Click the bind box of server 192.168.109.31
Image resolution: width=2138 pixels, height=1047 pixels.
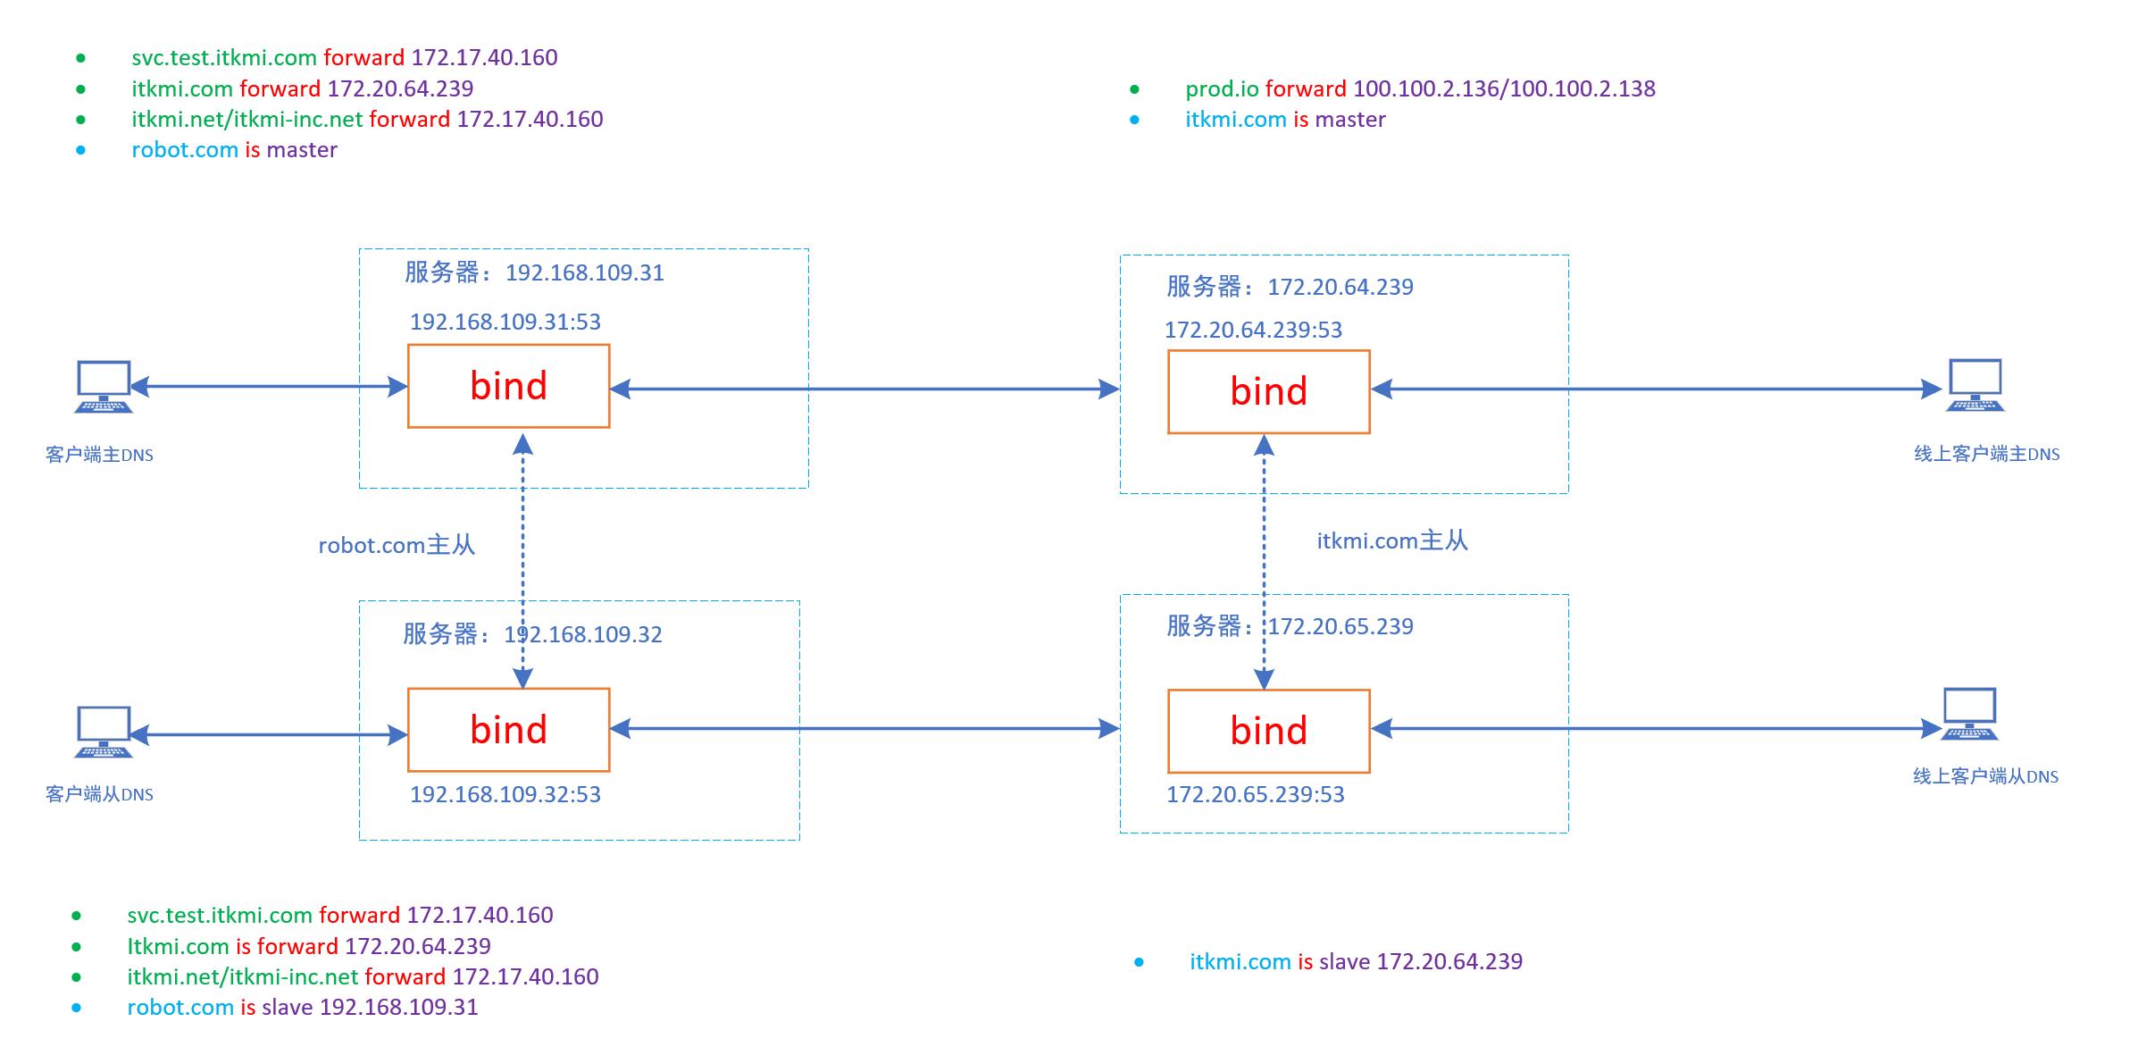(508, 386)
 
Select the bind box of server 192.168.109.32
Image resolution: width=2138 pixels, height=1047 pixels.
(508, 729)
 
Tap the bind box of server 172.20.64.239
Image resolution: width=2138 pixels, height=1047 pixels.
(1268, 391)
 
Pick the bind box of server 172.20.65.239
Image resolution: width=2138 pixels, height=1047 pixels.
(1268, 731)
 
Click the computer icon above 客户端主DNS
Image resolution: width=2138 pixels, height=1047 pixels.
(104, 387)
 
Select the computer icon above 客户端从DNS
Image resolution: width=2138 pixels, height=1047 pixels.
(104, 732)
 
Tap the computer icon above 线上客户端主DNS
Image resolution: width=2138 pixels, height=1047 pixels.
(1975, 385)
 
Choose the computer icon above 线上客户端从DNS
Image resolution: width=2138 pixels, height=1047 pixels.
(1969, 714)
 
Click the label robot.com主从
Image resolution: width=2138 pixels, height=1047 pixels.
(397, 545)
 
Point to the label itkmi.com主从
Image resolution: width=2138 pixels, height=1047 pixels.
(1391, 540)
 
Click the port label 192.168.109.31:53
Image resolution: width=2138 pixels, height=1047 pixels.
(505, 322)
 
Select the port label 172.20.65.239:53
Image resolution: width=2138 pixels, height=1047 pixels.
(1255, 794)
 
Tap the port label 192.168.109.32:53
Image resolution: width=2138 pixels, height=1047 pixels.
(505, 794)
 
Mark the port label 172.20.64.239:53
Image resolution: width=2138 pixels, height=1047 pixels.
(1253, 330)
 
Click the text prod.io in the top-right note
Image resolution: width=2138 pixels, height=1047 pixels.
(1222, 88)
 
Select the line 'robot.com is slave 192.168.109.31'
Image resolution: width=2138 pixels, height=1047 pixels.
(303, 1007)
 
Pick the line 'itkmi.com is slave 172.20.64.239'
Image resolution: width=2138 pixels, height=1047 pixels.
(1356, 961)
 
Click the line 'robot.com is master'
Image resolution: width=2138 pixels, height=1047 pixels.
(234, 149)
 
